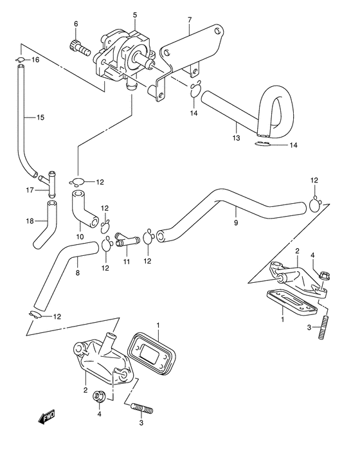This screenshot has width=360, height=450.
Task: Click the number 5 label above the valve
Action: coord(135,14)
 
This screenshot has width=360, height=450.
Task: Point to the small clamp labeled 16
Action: coord(20,62)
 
